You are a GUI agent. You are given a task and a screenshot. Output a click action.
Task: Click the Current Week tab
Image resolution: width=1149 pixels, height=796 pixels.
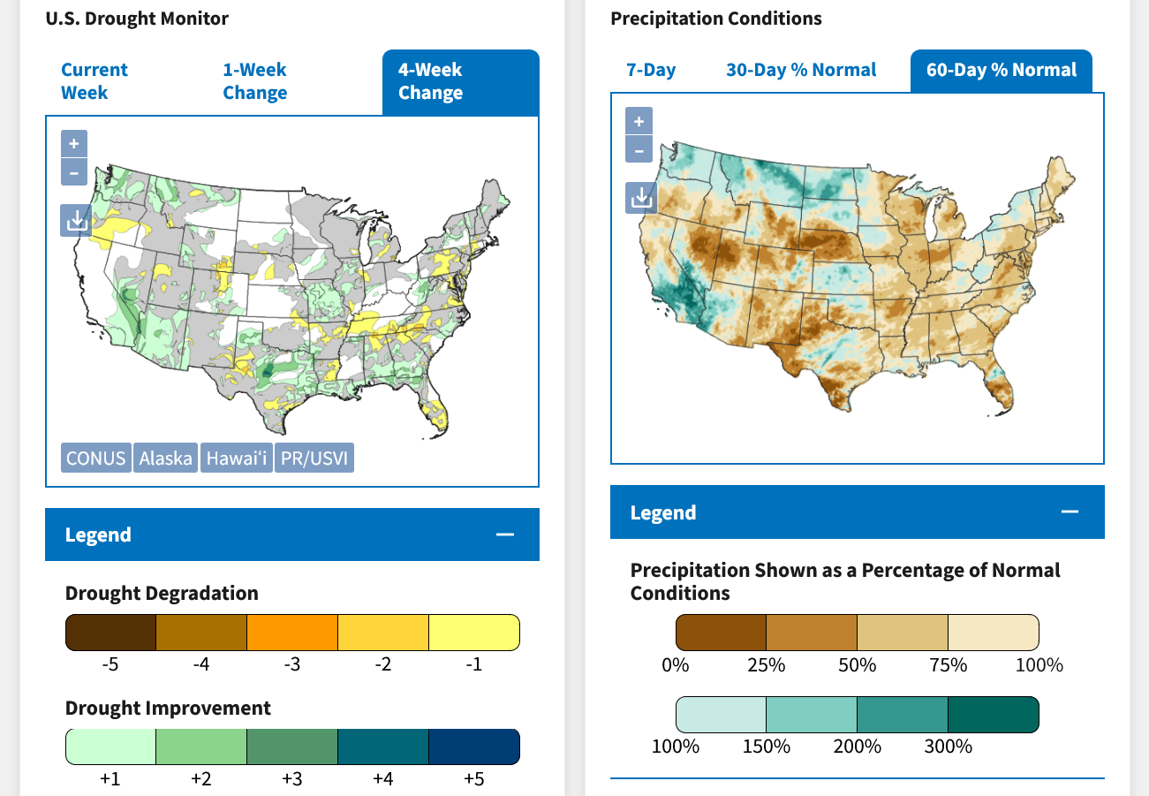tap(94, 81)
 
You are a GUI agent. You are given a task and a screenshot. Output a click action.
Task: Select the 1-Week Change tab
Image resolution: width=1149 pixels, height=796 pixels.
tap(254, 81)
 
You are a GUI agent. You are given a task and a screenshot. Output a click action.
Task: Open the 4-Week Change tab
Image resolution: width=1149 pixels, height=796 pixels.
tap(430, 81)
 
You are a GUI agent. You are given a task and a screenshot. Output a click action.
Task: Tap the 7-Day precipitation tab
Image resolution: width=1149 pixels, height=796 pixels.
tap(651, 70)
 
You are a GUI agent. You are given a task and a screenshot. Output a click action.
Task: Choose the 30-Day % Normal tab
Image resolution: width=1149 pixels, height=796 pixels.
tap(801, 70)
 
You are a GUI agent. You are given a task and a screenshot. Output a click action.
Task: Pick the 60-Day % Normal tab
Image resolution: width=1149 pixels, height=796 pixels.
tap(1002, 70)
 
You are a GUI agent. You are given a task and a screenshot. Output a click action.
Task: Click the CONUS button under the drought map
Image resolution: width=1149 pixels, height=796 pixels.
tap(96, 459)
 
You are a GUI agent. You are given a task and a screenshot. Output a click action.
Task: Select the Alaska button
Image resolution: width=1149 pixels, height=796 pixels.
tap(165, 459)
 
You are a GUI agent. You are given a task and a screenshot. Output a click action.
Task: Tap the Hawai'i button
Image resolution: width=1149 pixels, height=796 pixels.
tap(236, 459)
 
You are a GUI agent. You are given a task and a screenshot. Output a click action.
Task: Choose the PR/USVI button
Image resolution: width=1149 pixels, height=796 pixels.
tap(314, 459)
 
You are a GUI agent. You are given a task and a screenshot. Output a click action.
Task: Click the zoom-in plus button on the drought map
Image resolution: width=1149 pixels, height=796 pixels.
tap(74, 143)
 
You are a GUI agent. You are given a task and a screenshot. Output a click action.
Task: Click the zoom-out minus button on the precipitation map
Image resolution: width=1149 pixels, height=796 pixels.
tap(639, 149)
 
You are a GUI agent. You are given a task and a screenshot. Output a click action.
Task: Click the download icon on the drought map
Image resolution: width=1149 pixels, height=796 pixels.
tap(74, 220)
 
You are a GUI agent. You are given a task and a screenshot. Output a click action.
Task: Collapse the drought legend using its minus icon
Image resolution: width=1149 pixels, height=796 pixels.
tap(505, 534)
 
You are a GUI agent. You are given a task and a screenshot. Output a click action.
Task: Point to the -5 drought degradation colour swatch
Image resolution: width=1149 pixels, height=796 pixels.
tap(110, 633)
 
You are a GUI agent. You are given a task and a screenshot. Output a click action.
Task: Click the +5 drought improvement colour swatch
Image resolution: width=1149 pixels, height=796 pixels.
tap(474, 747)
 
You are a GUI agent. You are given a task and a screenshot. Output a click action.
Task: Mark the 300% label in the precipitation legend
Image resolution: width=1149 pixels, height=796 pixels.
tap(949, 747)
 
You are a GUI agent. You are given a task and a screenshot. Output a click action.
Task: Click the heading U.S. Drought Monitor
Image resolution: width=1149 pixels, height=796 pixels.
tap(137, 18)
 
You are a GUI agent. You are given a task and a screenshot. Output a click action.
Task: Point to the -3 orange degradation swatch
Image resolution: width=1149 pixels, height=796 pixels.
tap(292, 633)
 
